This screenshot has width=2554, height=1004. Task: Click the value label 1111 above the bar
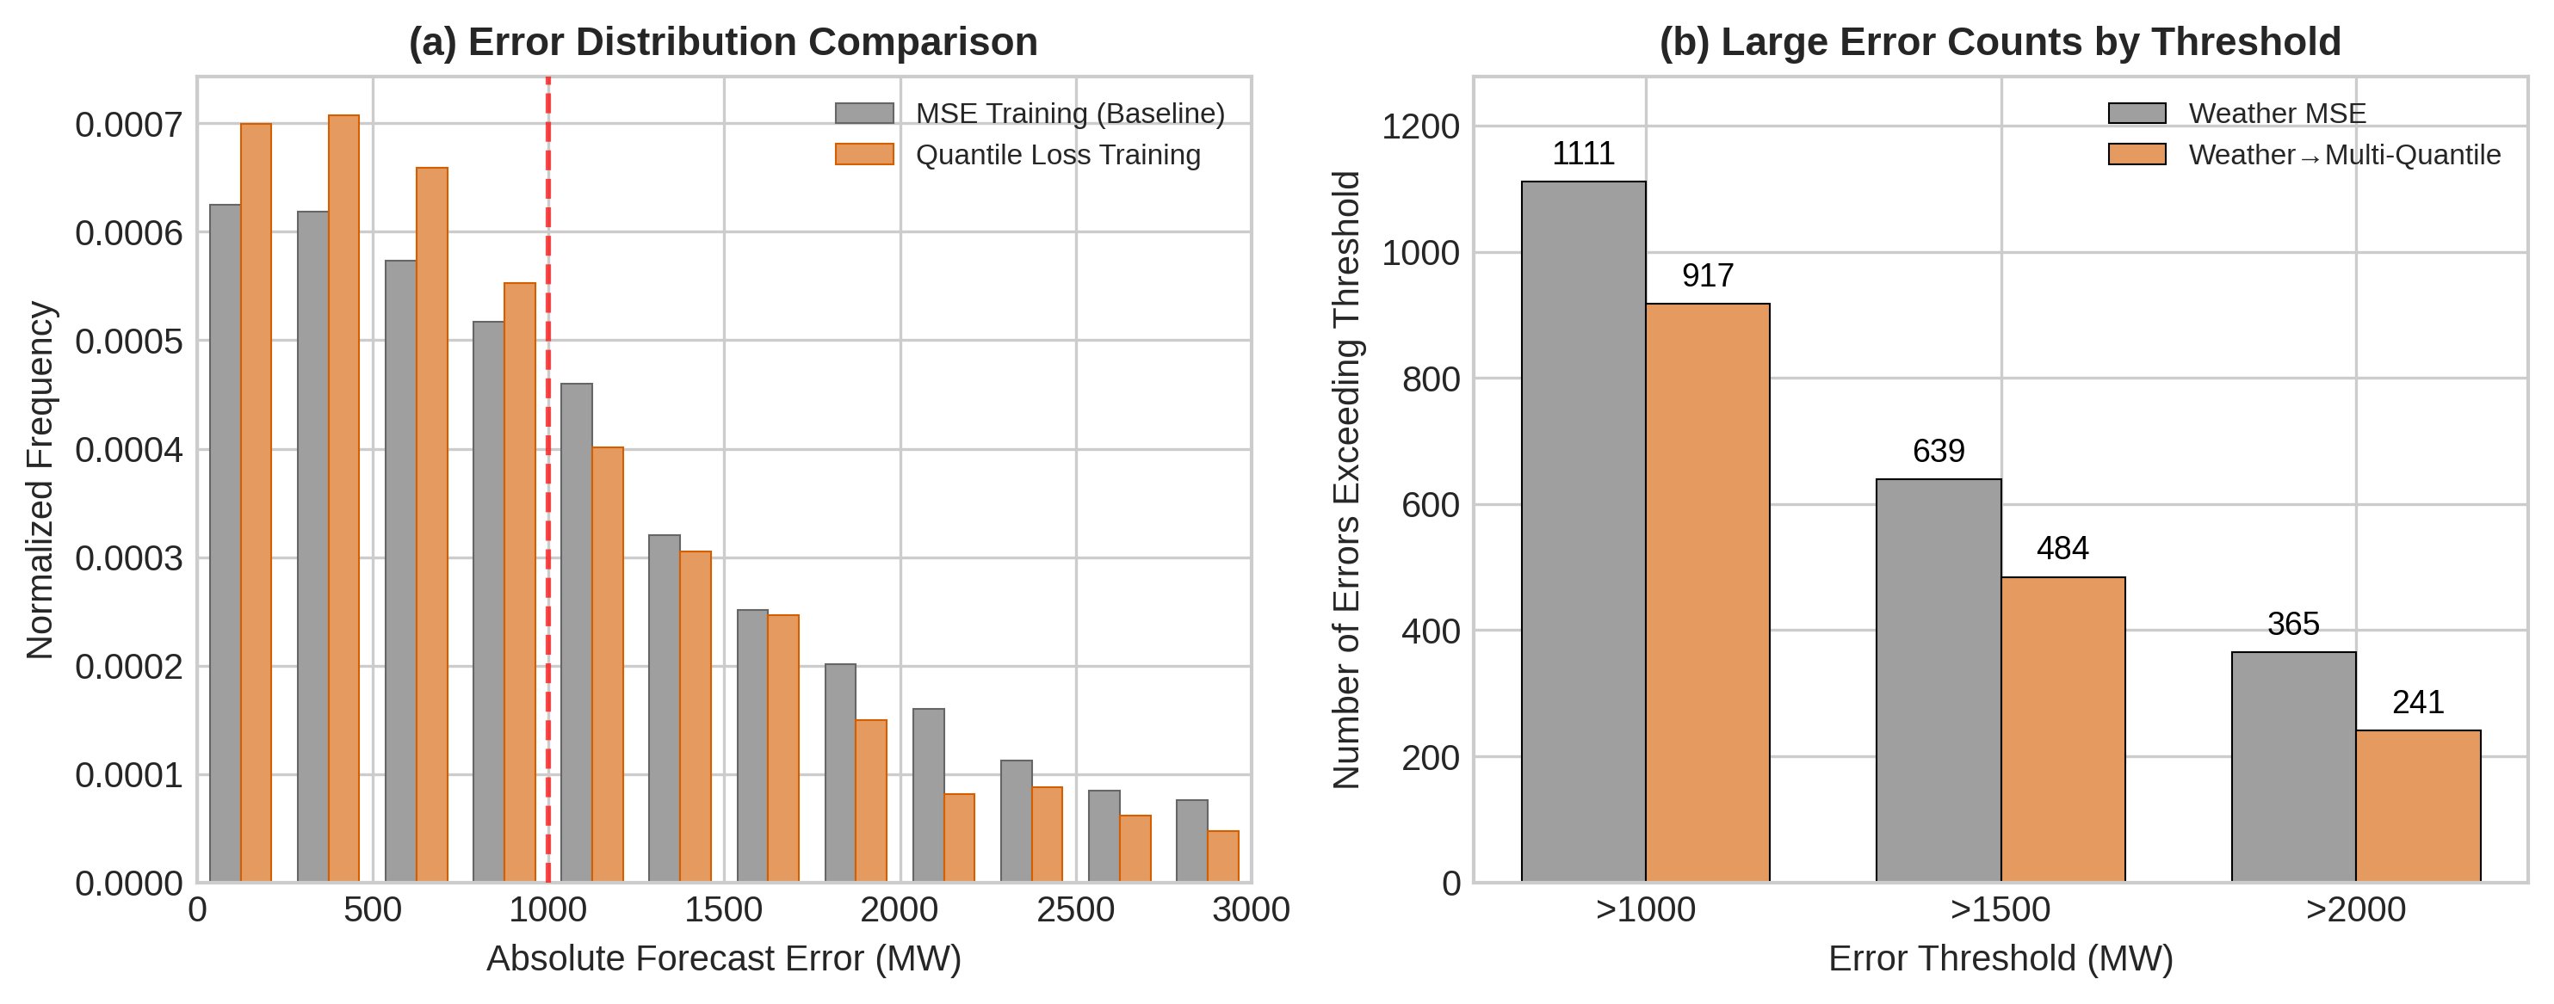click(1583, 154)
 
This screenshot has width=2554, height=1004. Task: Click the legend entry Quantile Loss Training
click(1057, 156)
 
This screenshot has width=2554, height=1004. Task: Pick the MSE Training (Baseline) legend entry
click(1069, 114)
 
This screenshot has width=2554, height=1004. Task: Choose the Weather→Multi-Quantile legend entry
click(2344, 156)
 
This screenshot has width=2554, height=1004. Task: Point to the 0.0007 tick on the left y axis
click(129, 125)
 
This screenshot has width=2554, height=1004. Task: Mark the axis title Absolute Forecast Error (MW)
click(723, 958)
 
